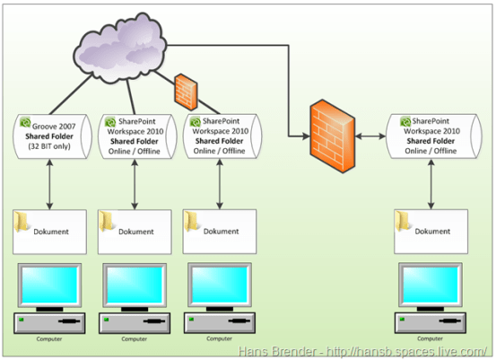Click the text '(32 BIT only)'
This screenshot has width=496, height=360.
(50, 146)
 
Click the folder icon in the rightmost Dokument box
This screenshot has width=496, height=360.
(405, 221)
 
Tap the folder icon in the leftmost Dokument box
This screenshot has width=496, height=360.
(24, 221)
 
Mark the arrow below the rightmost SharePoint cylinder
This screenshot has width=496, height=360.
(432, 184)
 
